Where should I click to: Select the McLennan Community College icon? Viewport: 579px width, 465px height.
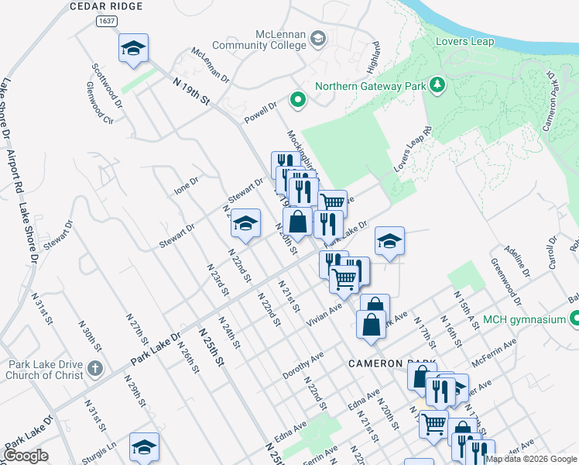tap(319, 38)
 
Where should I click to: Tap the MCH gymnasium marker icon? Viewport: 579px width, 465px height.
tap(574, 319)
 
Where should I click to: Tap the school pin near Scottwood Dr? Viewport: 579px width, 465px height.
tap(133, 48)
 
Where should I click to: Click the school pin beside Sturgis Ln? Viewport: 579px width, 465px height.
tap(144, 447)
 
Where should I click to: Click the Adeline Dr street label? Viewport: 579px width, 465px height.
tap(516, 261)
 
